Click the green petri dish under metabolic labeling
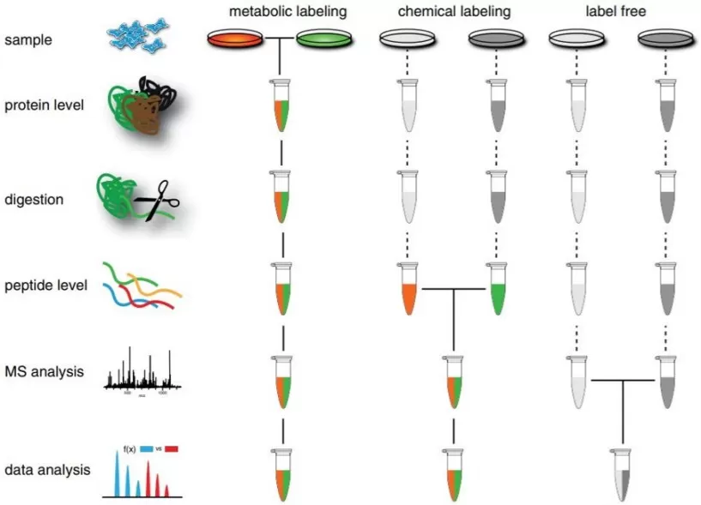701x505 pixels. [x=324, y=39]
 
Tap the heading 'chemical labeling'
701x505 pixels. [x=454, y=12]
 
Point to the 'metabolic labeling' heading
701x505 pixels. [x=281, y=12]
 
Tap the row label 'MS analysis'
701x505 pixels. [x=44, y=372]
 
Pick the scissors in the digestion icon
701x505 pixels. [x=158, y=199]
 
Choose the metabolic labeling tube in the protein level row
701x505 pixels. [x=281, y=107]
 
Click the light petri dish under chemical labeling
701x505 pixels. [x=408, y=39]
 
